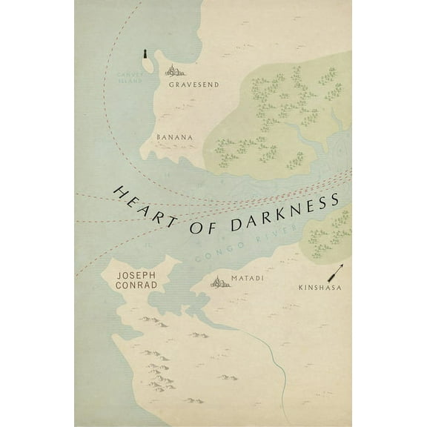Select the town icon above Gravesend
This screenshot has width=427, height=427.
(175, 71)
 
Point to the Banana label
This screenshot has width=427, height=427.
(175, 136)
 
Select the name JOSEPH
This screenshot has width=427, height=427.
(137, 274)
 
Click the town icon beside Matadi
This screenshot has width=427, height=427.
(219, 281)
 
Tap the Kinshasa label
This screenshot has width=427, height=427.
(320, 286)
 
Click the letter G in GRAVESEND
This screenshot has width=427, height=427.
(171, 85)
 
